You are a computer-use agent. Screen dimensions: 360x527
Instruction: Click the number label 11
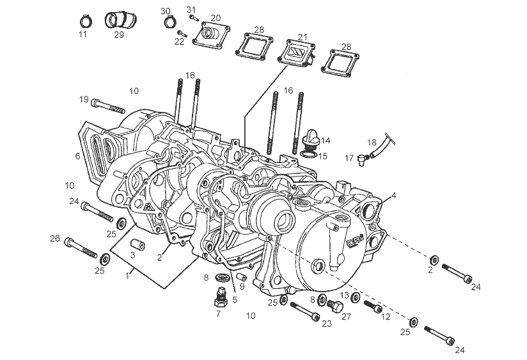(83, 35)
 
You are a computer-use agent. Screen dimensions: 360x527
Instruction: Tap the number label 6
(77, 155)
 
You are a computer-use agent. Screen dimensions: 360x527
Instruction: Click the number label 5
(235, 299)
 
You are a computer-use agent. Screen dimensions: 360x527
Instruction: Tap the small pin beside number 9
(242, 277)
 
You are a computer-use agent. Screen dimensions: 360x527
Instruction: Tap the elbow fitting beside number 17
(363, 157)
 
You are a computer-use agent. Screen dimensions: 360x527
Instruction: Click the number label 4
(394, 196)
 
